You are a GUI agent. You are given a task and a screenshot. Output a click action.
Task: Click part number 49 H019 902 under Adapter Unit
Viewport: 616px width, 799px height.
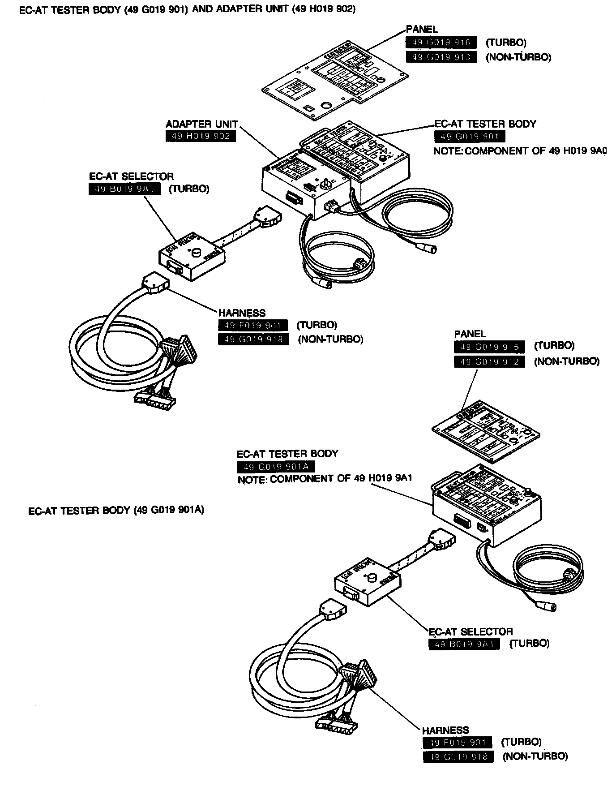coord(201,136)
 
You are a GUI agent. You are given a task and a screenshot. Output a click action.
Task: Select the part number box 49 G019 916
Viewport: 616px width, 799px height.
coord(441,43)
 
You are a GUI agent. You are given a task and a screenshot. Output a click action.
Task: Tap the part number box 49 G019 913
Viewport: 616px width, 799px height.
coord(441,57)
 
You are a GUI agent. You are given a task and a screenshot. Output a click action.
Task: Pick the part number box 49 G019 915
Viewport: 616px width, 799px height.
coord(489,347)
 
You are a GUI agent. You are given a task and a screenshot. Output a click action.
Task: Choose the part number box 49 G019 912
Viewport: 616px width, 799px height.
coord(489,361)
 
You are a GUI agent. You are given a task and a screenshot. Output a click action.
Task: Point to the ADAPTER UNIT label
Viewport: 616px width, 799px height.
coord(201,124)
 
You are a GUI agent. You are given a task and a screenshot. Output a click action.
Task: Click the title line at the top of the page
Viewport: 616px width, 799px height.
coord(188,9)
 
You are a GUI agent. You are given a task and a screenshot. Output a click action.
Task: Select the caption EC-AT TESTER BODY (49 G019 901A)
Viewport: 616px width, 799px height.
coord(116,510)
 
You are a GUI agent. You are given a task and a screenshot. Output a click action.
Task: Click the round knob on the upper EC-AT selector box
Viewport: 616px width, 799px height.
coord(196,254)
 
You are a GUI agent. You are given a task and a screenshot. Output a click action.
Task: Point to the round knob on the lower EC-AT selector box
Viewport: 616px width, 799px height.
coord(371,580)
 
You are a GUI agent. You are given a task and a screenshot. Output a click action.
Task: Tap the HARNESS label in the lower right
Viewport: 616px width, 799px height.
coord(445,730)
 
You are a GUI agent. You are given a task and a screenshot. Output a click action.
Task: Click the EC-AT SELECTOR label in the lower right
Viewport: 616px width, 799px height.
coord(471,631)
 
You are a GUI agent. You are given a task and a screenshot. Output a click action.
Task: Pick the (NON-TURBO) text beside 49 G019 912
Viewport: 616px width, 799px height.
coord(566,361)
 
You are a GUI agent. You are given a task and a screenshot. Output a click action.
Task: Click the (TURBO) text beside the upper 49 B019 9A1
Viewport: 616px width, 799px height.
coord(188,189)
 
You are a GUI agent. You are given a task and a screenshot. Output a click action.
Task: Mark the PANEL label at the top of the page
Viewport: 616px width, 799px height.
coord(422,30)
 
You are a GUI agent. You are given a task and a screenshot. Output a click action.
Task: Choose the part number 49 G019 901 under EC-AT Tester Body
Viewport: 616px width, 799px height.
coord(470,137)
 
